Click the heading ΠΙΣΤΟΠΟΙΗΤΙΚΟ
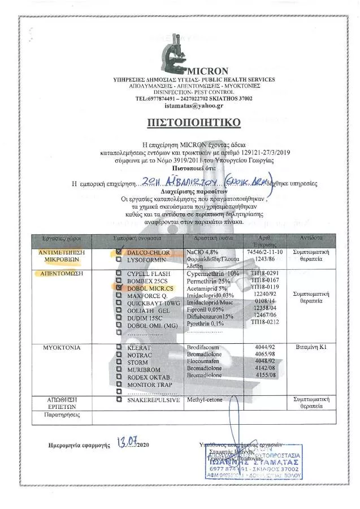pyautogui.click(x=179, y=122)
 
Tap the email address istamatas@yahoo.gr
pyautogui.click(x=179, y=106)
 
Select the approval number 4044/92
pyautogui.click(x=262, y=345)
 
